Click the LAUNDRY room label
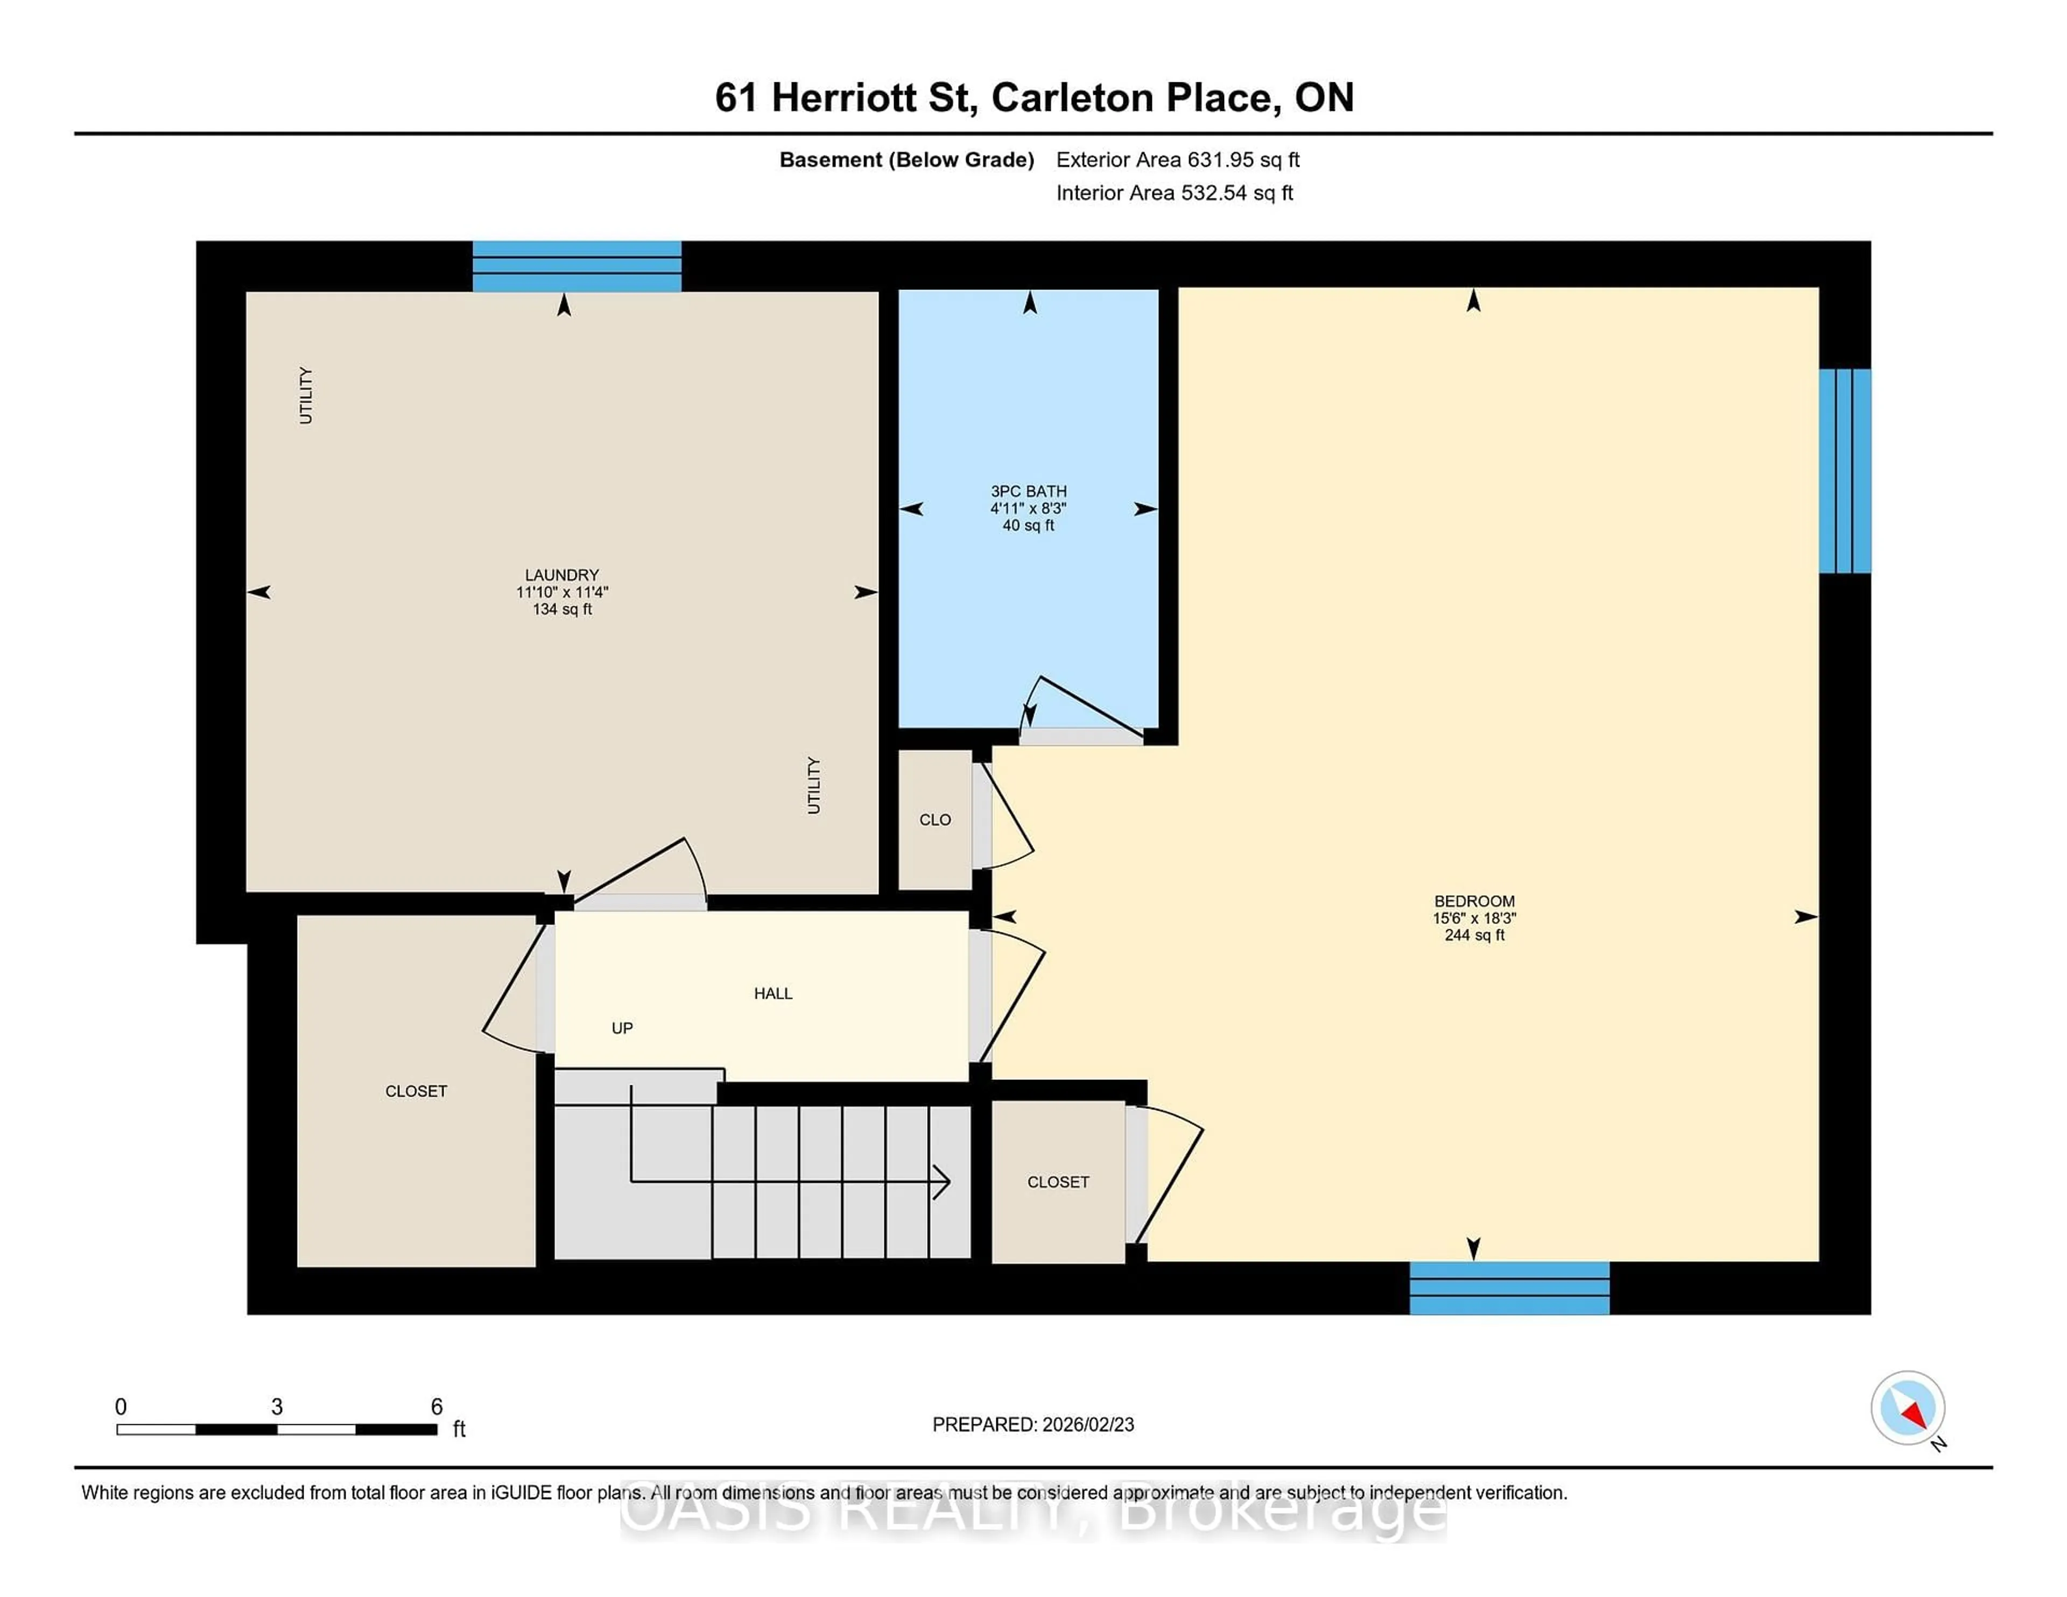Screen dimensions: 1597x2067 561,574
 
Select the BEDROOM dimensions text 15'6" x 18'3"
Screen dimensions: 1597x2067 1474,918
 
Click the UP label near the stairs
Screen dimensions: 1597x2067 622,1028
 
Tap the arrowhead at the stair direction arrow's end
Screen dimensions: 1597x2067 943,1181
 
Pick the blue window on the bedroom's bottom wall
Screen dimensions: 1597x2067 1509,1288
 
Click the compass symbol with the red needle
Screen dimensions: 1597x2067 1907,1408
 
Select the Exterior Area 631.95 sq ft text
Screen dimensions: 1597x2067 1177,160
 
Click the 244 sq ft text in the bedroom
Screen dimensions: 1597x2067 1474,935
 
